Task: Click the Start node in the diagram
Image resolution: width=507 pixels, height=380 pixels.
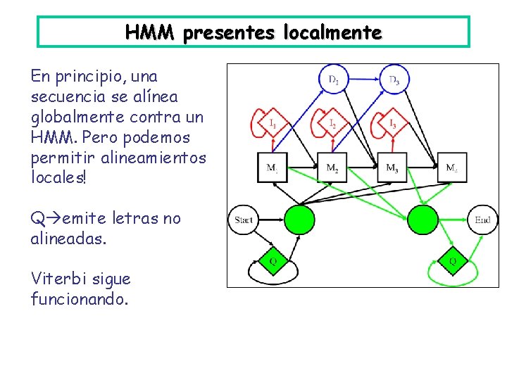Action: click(x=243, y=220)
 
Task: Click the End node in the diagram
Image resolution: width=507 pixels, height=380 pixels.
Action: click(x=482, y=220)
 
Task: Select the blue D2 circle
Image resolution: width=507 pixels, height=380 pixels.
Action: click(x=333, y=80)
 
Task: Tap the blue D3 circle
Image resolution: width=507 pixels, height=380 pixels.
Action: click(x=394, y=80)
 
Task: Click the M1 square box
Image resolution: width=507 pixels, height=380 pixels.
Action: click(x=272, y=167)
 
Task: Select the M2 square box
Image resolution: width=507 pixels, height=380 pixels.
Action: click(x=332, y=167)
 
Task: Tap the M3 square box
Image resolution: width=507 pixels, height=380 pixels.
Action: click(x=392, y=167)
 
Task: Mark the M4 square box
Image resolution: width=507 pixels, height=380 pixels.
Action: click(x=451, y=167)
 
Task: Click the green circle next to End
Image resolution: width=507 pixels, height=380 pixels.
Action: click(x=423, y=219)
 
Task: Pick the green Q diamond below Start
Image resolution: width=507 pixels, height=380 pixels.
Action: click(x=273, y=262)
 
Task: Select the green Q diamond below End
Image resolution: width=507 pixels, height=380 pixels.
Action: click(x=453, y=262)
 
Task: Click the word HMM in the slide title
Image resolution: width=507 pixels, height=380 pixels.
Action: click(x=149, y=32)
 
